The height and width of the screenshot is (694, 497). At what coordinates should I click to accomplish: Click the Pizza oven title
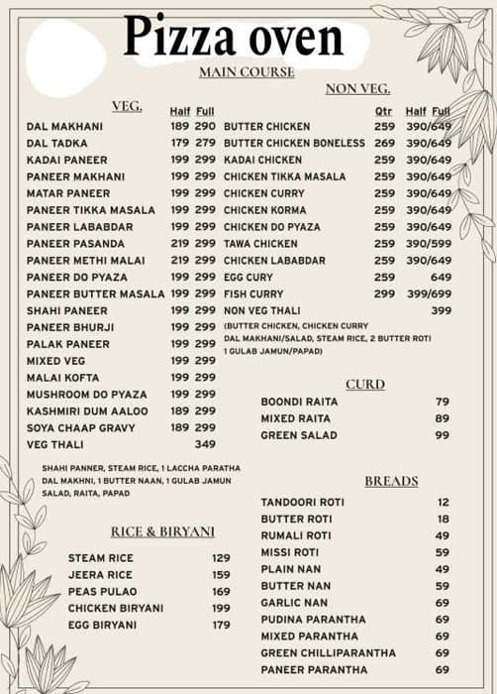pos(233,37)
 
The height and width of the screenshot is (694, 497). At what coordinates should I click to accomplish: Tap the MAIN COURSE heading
pos(247,72)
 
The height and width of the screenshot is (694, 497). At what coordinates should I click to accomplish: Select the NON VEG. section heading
pos(357,89)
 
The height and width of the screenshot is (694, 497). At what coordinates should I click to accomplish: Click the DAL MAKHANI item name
pos(64,127)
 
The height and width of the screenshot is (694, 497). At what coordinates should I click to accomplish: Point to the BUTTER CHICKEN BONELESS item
pos(294,143)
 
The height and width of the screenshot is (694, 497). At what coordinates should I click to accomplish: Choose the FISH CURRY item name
pos(253,294)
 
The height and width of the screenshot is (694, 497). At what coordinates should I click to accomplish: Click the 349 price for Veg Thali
pos(205,444)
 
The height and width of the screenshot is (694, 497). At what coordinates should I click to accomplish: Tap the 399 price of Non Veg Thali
pos(441,310)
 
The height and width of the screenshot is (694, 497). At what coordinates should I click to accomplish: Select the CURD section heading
pos(365,385)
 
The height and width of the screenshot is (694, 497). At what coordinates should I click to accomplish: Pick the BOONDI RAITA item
pos(299,402)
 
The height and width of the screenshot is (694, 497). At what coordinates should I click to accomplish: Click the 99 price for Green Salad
pos(442,435)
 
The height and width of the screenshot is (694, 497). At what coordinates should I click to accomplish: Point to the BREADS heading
pos(391,482)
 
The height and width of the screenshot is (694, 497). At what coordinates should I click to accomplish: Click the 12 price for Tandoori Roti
pos(443,503)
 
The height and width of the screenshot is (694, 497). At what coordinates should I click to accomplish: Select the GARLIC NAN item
pos(294,603)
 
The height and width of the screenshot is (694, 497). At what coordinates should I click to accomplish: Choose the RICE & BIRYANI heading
pos(162,531)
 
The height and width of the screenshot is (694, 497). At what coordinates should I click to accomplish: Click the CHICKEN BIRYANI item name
pos(116,608)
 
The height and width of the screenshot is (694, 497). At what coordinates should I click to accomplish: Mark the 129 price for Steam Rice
pos(221,558)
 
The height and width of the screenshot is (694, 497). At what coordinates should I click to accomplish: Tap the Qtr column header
pos(384,111)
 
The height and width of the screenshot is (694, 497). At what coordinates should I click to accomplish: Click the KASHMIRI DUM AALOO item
pos(87,410)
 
